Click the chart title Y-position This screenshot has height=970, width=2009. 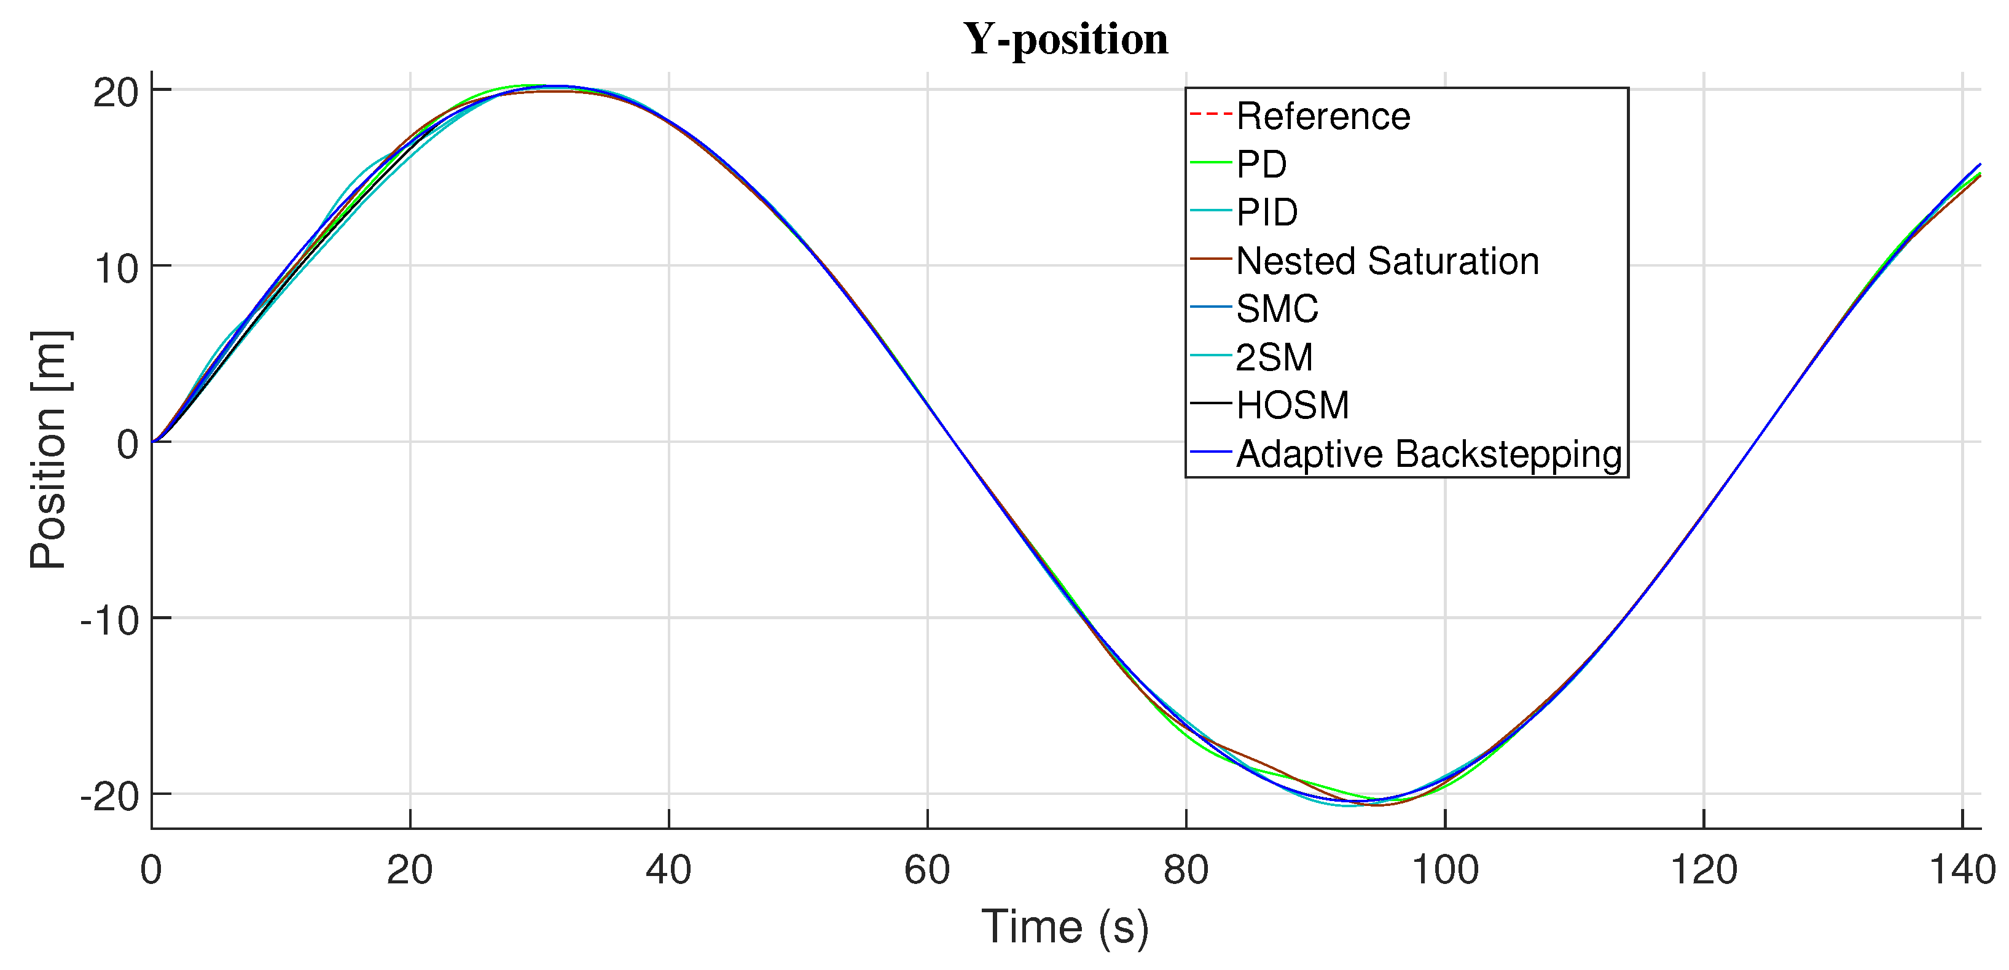(1065, 39)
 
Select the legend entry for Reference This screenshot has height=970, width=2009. (1323, 116)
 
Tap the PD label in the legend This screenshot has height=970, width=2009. (1261, 165)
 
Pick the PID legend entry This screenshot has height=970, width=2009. (1267, 212)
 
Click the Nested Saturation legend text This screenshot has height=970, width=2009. (1387, 260)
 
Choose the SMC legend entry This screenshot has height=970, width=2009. (1277, 309)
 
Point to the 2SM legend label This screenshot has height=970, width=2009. (1274, 357)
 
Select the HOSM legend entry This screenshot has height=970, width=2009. (1292, 405)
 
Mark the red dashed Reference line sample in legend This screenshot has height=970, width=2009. (1210, 115)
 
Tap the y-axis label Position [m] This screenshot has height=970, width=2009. (49, 449)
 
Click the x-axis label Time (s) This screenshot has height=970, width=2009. (1065, 926)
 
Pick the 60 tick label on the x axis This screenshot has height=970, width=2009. (926, 869)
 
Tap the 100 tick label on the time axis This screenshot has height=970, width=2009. (1444, 869)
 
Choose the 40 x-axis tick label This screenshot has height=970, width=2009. (668, 869)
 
